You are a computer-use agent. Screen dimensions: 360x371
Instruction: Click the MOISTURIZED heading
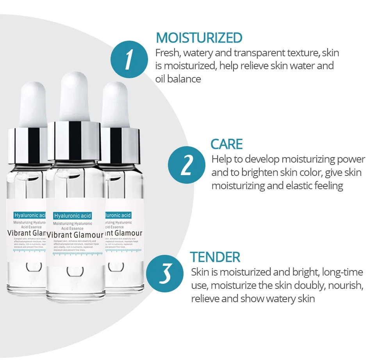(x=199, y=38)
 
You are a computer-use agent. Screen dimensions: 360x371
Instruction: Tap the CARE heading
(x=227, y=144)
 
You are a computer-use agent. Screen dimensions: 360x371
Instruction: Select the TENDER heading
(x=215, y=257)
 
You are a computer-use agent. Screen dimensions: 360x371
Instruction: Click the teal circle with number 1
(x=128, y=60)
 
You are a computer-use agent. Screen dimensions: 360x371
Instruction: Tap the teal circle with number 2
(x=186, y=166)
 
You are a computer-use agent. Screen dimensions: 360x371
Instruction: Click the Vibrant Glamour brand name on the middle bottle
(x=75, y=235)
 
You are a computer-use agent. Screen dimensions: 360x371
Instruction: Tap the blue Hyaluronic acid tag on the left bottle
(x=30, y=215)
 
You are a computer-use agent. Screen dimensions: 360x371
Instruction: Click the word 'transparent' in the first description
(x=257, y=53)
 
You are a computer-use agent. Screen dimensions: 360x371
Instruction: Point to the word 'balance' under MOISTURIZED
(x=184, y=79)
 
